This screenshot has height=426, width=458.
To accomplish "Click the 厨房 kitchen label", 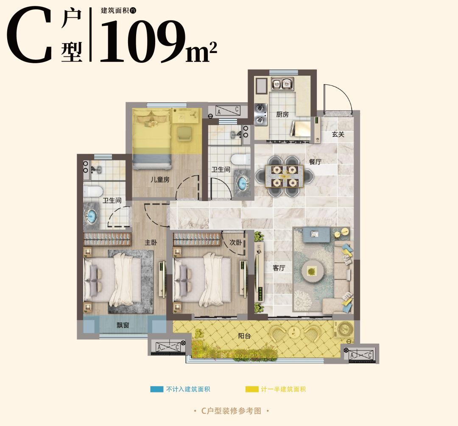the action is (282, 114).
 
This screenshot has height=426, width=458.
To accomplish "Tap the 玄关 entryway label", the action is (338, 134).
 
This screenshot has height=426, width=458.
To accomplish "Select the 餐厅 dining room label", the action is (315, 162).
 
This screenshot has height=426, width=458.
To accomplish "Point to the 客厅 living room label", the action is (279, 268).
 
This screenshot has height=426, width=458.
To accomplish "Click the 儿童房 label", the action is (160, 179).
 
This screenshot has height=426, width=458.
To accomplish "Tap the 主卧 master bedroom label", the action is (151, 242).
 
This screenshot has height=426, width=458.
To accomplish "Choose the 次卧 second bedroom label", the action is (235, 242).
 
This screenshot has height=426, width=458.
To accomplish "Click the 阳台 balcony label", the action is (244, 336).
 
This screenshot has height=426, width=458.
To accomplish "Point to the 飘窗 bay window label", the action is (123, 325).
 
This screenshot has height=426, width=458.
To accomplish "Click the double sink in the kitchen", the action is (282, 84).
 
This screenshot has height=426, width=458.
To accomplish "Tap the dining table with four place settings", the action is (284, 177).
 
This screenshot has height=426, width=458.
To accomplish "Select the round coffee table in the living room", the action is (313, 272).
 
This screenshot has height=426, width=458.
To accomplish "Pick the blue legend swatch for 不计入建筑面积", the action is (156, 389).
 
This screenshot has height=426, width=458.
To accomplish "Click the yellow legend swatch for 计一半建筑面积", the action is (252, 389).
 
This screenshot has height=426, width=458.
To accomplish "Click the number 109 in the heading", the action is (143, 41).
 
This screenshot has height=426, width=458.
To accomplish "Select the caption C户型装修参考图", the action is (231, 411).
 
